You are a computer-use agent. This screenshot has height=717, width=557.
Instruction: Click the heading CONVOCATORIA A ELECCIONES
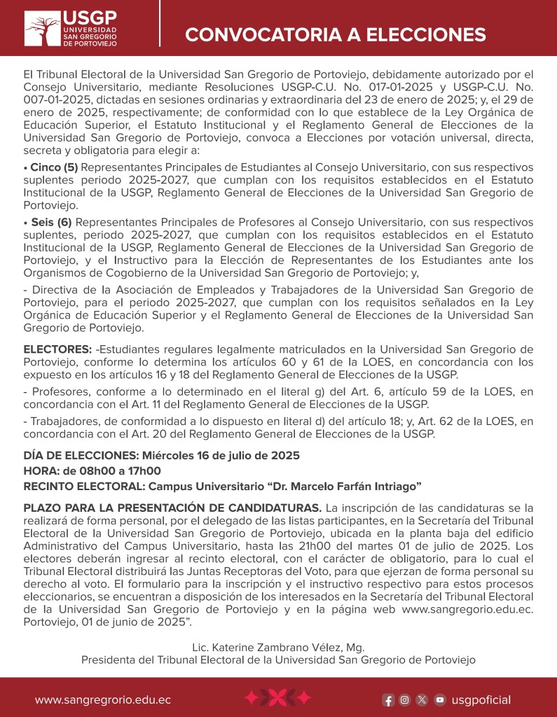point(335,34)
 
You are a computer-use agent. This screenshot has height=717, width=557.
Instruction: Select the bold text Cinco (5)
point(50,167)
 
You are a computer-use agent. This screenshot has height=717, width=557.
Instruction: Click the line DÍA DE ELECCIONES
point(161,455)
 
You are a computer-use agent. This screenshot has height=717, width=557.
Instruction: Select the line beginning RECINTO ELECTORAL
point(222,486)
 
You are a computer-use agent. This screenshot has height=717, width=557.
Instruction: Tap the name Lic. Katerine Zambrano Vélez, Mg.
point(278,647)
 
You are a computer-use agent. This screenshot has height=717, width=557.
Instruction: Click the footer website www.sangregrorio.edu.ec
point(103,699)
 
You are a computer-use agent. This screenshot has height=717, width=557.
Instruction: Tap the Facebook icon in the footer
point(388,699)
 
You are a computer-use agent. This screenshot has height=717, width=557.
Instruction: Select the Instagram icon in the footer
point(405,699)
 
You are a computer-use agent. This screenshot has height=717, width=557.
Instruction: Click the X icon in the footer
point(422,699)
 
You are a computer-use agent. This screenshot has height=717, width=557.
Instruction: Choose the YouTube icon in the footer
point(439,699)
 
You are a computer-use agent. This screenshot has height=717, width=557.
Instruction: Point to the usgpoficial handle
point(481,699)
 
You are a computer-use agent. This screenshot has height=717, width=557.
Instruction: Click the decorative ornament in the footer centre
point(277,698)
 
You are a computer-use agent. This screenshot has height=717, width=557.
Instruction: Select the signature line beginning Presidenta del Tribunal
point(278,660)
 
